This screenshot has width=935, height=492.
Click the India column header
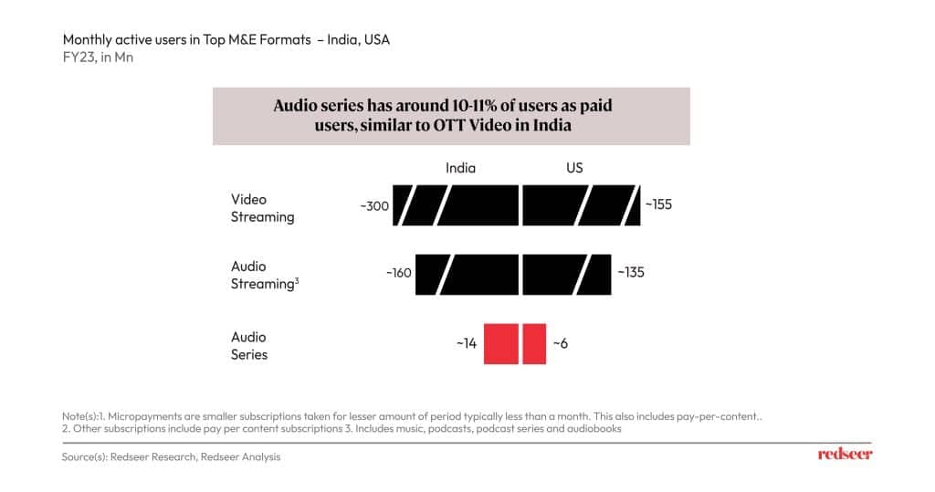click(x=460, y=168)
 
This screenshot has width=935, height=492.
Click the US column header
click(x=574, y=168)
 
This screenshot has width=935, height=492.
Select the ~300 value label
click(x=374, y=205)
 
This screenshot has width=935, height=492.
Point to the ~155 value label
click(x=658, y=204)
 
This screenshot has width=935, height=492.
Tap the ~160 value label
click(x=399, y=273)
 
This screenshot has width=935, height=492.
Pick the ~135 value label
click(x=631, y=272)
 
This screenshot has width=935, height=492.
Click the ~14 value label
click(x=467, y=343)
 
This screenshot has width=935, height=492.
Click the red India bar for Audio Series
click(x=501, y=343)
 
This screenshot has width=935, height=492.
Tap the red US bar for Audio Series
click(x=534, y=343)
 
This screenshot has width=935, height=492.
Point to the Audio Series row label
click(x=249, y=345)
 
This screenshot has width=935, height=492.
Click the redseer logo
click(x=844, y=455)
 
